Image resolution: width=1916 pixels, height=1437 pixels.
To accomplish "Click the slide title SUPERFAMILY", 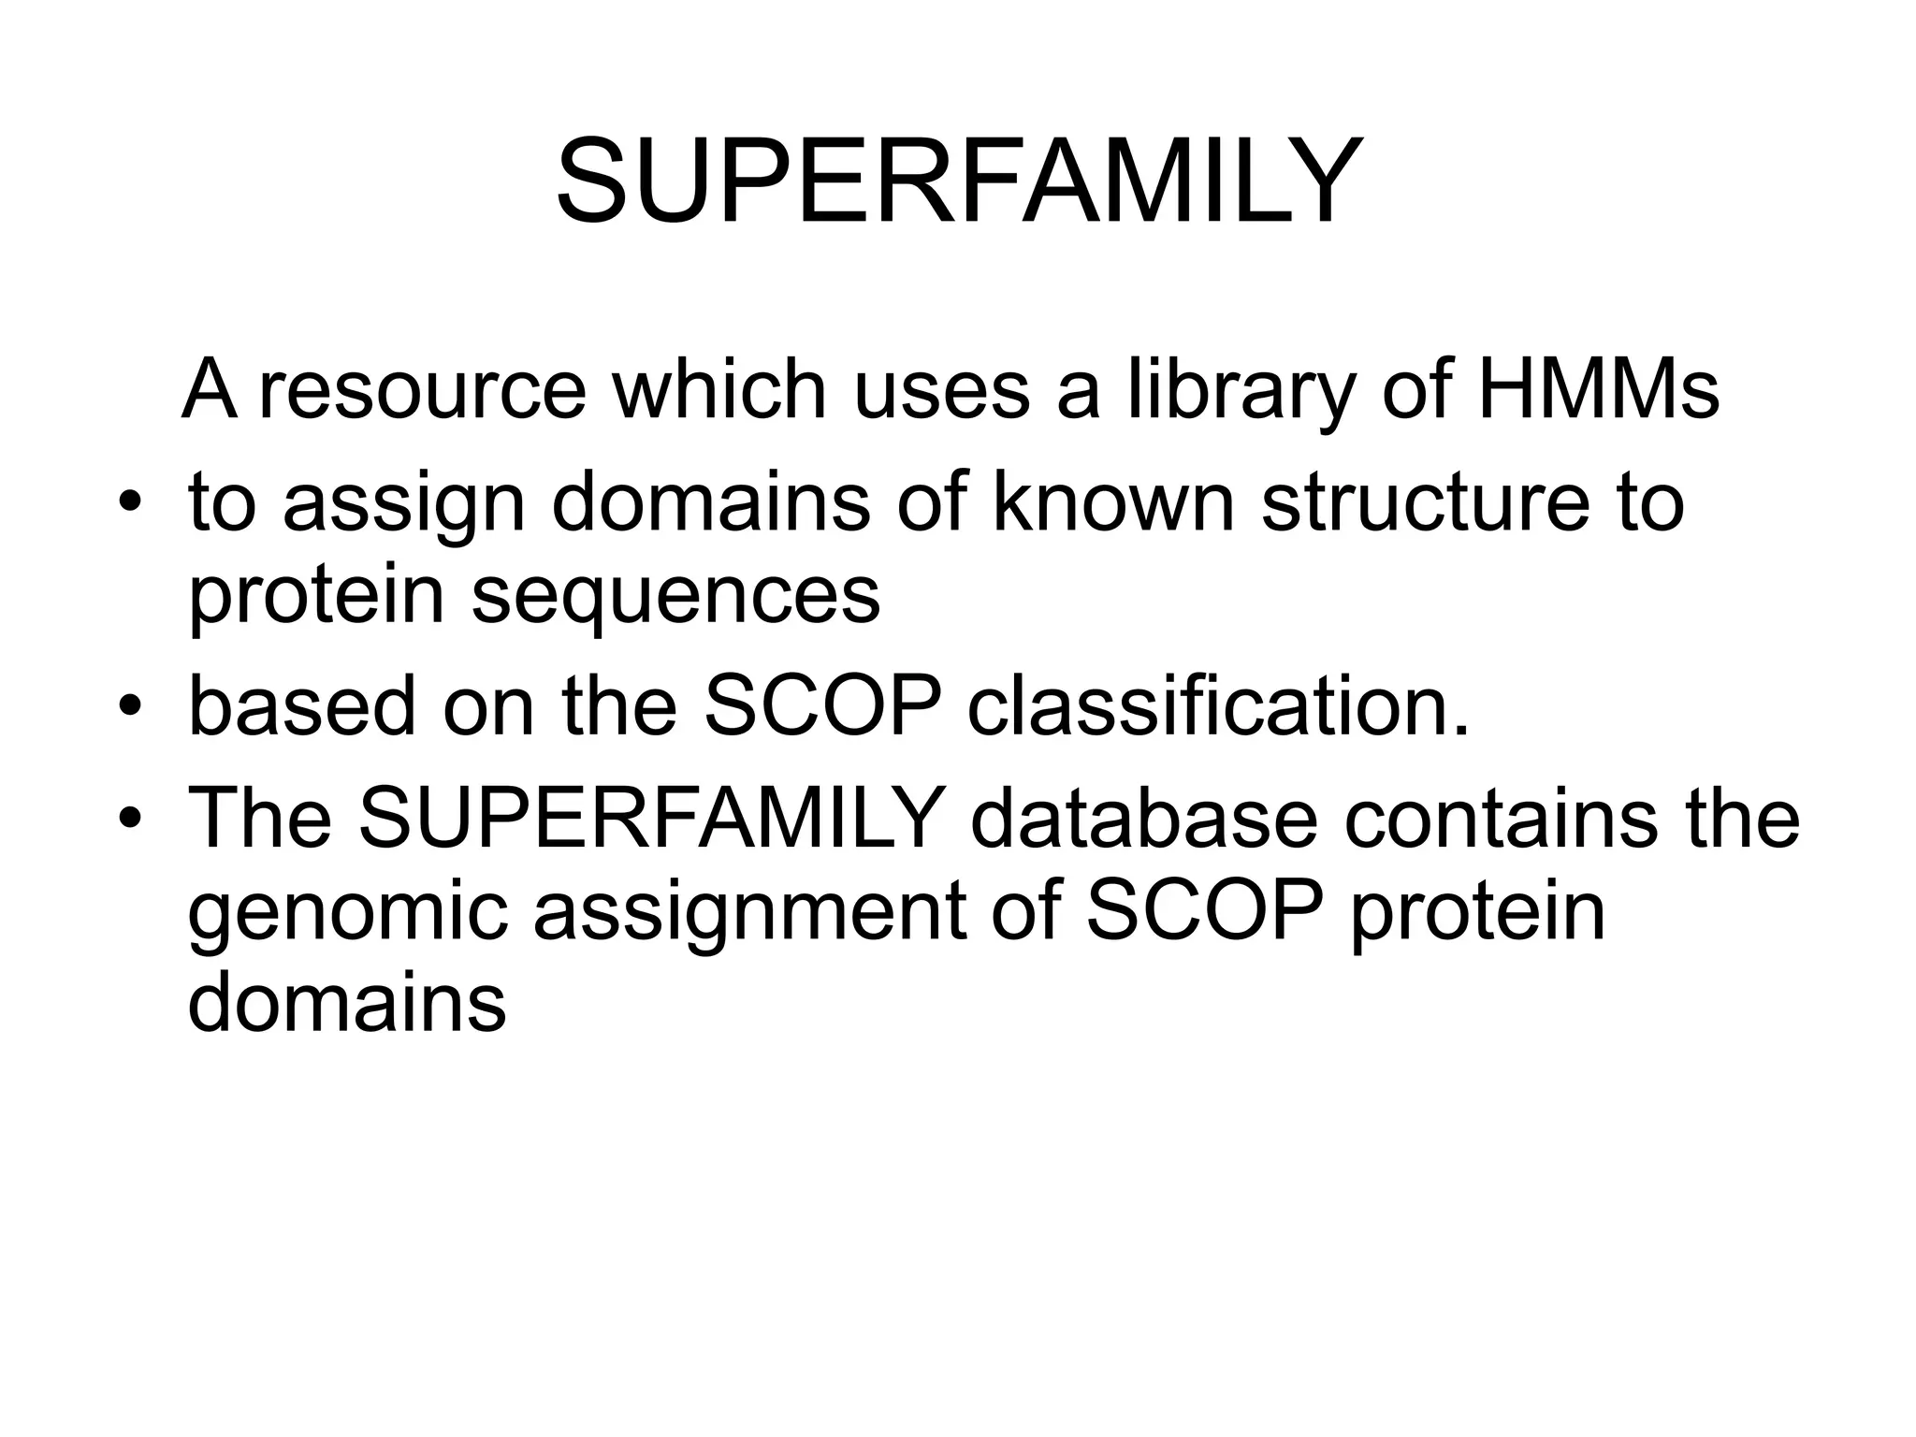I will (957, 181).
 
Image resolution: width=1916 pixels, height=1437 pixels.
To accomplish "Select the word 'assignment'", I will (748, 915).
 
